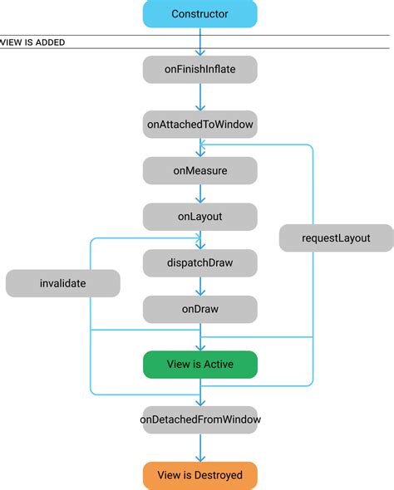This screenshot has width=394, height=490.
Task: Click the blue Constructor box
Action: (199, 14)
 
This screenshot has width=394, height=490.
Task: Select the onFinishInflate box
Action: (199, 70)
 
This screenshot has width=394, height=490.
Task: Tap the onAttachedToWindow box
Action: (199, 124)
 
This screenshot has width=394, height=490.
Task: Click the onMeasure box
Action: (199, 171)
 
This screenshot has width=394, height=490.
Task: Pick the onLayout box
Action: (199, 218)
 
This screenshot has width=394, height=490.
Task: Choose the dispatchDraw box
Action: (199, 263)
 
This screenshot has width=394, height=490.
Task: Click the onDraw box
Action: (199, 309)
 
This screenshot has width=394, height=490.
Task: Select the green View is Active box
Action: (199, 365)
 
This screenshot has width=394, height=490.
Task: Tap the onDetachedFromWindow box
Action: (199, 419)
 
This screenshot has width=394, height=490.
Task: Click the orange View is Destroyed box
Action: (199, 475)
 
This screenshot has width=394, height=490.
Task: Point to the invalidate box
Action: (62, 283)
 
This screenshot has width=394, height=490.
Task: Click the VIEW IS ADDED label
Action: (33, 42)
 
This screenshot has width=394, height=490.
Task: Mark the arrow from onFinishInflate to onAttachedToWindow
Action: (199, 97)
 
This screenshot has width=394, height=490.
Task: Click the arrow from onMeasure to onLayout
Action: (199, 194)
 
